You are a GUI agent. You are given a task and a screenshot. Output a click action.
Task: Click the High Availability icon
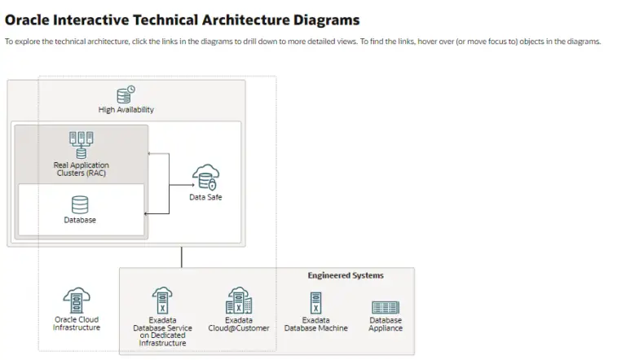126,94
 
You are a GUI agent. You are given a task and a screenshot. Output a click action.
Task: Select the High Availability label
126,110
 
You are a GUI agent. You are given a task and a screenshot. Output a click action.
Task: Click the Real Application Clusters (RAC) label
81,169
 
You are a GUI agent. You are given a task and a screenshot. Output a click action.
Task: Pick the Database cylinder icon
80,204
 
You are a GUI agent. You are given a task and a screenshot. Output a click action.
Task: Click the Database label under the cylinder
80,221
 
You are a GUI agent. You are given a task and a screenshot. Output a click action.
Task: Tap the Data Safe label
205,198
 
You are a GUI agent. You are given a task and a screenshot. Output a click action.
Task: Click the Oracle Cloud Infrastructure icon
77,301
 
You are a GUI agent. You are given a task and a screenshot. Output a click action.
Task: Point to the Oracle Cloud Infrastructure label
77,324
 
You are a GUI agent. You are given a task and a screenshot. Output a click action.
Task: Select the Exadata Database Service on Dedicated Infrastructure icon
162,301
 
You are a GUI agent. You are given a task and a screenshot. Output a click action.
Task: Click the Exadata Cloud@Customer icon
238,301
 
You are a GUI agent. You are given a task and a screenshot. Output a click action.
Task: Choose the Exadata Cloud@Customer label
238,324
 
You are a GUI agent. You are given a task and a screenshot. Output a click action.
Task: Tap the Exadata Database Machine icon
315,302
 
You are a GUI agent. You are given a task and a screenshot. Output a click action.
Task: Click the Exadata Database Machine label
315,324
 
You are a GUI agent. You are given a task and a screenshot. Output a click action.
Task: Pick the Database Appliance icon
385,307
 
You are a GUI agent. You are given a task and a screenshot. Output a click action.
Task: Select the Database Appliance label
385,324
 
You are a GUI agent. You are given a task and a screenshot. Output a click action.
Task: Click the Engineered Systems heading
345,276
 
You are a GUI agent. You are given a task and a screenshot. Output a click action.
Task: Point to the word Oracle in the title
30,20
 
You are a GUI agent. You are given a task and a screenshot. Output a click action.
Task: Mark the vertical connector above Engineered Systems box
181,257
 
